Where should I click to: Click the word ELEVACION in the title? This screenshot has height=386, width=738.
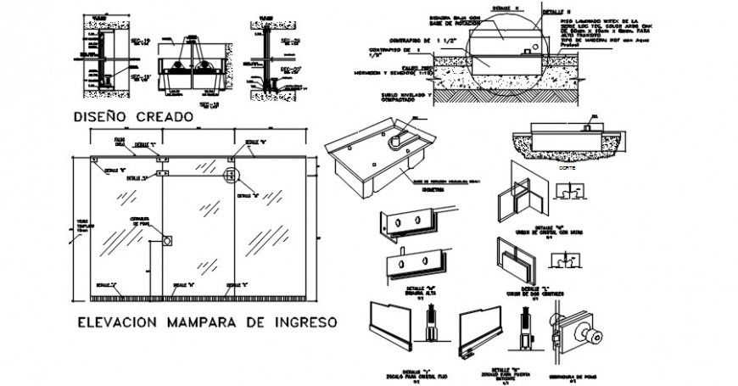[x=126, y=322]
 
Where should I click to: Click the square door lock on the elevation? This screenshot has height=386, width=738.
[x=167, y=240]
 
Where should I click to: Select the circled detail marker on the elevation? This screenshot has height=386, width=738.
[x=229, y=176]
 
